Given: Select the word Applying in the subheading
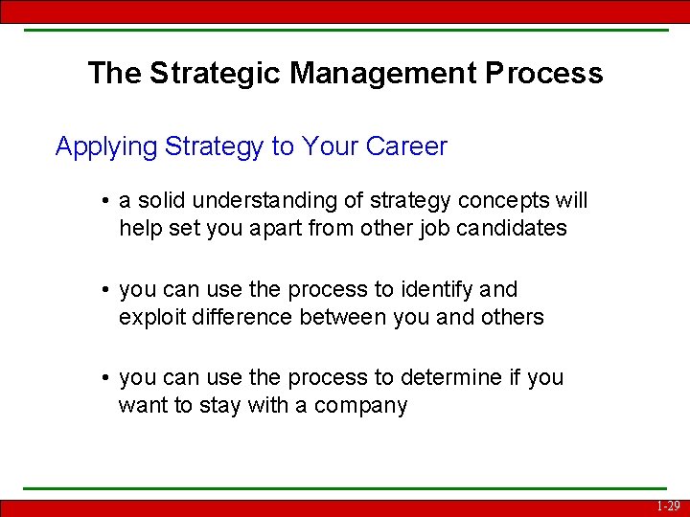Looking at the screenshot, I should point(105,147).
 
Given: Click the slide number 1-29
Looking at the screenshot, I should point(669,506).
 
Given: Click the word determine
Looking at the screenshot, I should point(443,378).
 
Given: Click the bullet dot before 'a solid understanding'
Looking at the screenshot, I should point(104,202).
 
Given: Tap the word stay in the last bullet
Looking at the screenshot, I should point(219,406).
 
